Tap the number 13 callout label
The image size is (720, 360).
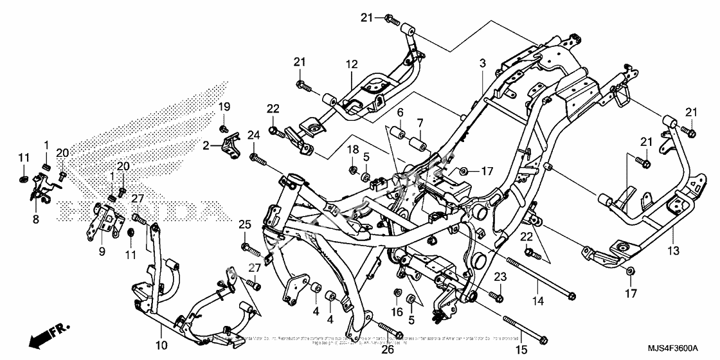(x=673, y=249)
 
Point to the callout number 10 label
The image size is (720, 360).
(x=161, y=345)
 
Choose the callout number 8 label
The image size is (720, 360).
(x=36, y=219)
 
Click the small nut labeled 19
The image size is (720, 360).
(x=224, y=129)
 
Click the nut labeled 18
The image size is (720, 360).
(x=353, y=170)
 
